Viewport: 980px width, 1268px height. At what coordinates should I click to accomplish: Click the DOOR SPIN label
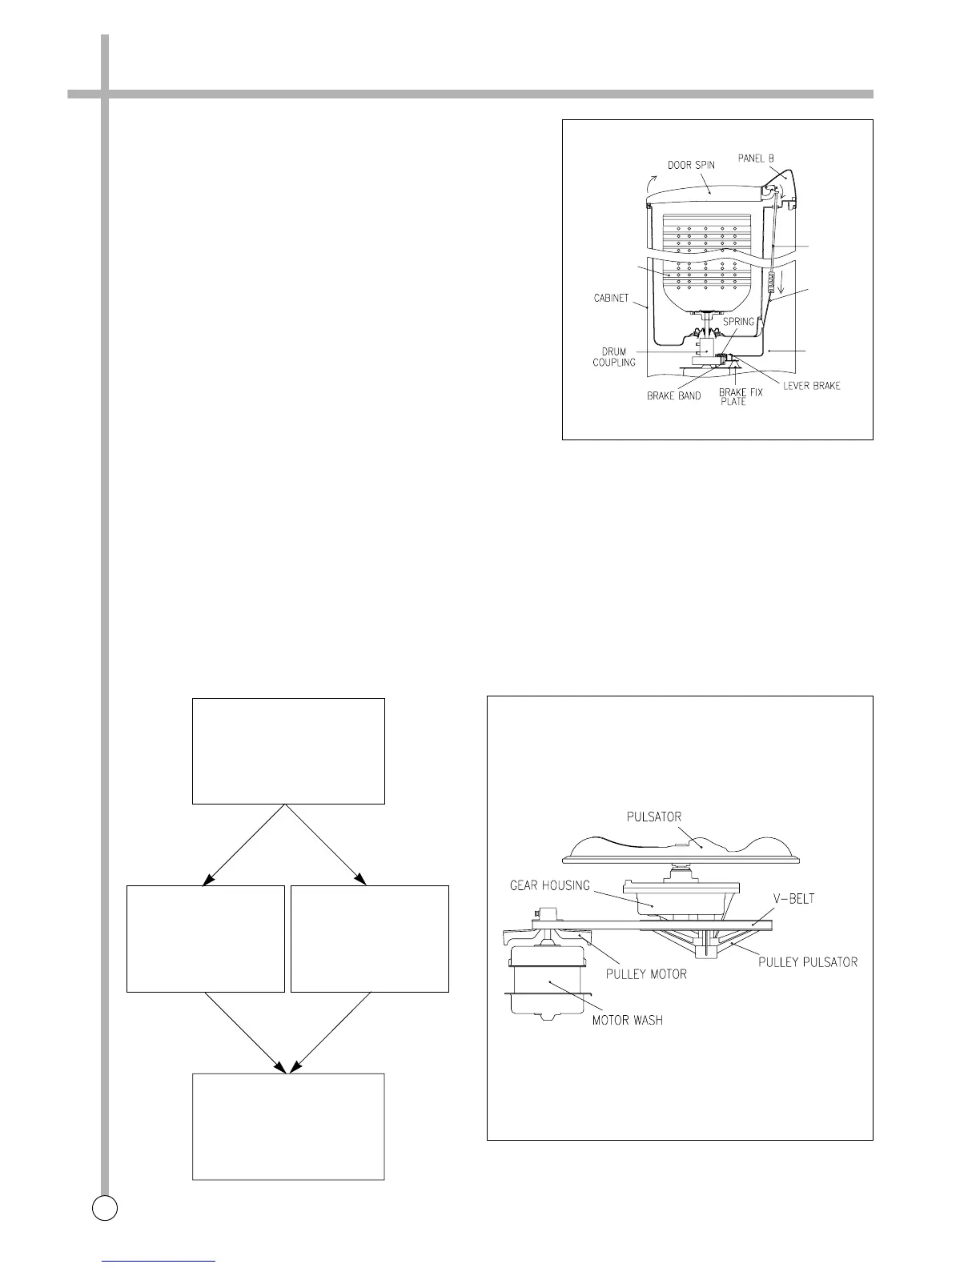pyautogui.click(x=693, y=166)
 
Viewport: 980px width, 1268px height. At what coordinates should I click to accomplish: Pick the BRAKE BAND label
pyautogui.click(x=673, y=396)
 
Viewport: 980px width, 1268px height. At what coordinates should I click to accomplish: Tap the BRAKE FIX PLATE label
pyautogui.click(x=734, y=397)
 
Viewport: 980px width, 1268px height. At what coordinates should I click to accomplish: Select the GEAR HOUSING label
pyautogui.click(x=552, y=885)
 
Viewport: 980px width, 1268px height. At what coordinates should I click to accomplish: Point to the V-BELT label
pyautogui.click(x=791, y=900)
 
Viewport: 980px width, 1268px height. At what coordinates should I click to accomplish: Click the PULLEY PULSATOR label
pyautogui.click(x=808, y=961)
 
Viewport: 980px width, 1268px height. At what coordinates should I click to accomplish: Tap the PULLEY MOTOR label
pyautogui.click(x=646, y=974)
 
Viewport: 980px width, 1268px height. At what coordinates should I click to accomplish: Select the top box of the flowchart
pyautogui.click(x=288, y=751)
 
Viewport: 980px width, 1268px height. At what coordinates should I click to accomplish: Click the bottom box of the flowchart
pyautogui.click(x=288, y=1126)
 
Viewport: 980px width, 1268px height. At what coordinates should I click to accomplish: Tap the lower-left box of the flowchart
pyautogui.click(x=206, y=939)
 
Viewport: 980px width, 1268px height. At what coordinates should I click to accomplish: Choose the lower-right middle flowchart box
pyautogui.click(x=370, y=939)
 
